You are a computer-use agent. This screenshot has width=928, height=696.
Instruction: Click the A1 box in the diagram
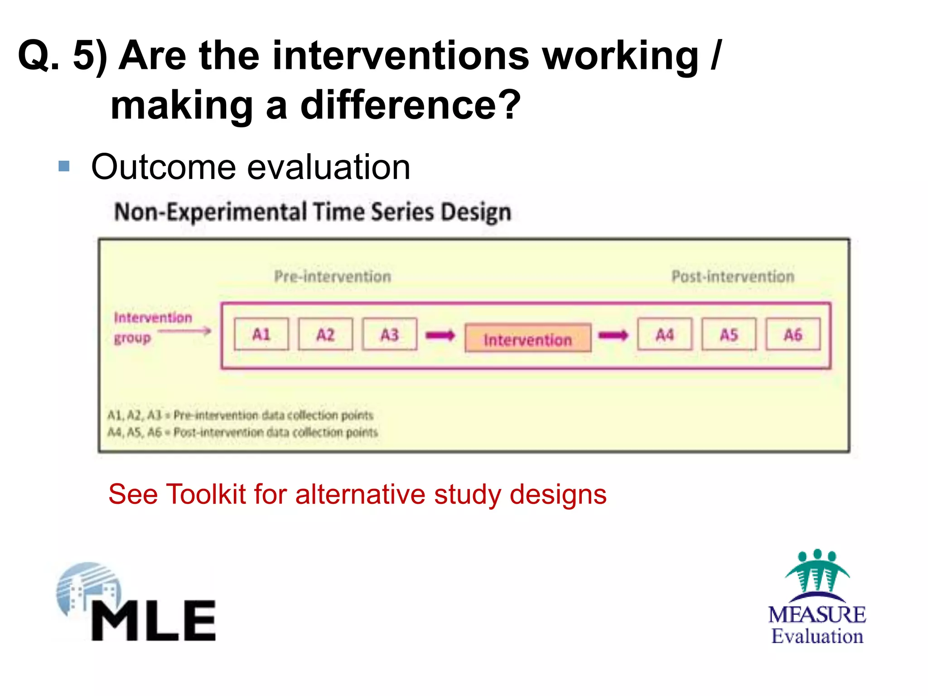coord(261,334)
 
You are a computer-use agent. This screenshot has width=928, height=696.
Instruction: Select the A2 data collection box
coord(325,334)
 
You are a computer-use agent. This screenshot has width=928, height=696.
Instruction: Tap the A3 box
coord(389,334)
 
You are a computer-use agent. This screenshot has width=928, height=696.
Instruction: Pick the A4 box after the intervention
coord(664,334)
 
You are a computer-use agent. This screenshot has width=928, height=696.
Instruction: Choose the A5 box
coord(729,334)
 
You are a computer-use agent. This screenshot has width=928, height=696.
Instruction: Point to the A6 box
coord(793,334)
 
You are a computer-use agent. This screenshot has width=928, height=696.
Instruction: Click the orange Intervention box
coord(528,338)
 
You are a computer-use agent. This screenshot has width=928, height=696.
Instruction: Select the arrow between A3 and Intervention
coord(440,335)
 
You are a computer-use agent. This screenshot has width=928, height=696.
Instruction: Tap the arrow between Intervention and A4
coord(613,335)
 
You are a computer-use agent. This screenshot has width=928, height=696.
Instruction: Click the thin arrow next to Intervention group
coord(185,331)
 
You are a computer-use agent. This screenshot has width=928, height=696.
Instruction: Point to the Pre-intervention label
coord(333,276)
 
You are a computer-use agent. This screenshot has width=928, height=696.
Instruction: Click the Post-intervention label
coord(733,276)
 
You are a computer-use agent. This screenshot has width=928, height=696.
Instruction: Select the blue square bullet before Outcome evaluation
coord(64,166)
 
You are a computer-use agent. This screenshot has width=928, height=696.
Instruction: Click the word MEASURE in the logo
coord(817,615)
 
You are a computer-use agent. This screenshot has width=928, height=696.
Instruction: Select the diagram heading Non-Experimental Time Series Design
coord(313,212)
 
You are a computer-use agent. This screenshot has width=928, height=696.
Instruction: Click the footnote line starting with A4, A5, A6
coord(242,432)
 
